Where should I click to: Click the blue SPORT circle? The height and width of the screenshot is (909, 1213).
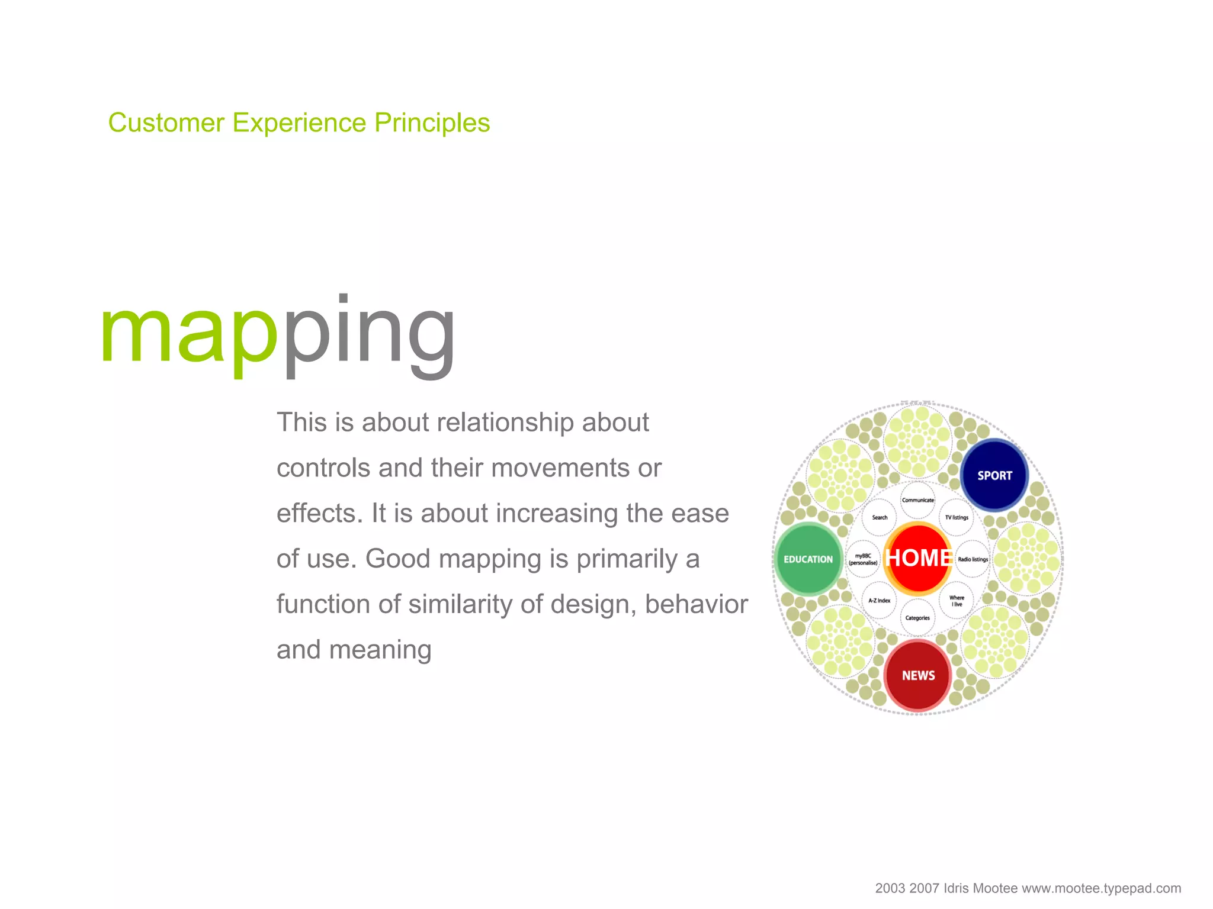point(994,475)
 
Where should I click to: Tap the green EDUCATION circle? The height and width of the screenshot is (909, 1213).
point(808,559)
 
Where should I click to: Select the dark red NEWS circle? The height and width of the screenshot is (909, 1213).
point(918,675)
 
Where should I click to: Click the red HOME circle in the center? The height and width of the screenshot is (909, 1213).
point(918,558)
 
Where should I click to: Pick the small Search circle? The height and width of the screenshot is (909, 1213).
point(880,517)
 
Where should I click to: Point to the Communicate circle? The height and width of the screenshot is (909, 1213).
point(918,500)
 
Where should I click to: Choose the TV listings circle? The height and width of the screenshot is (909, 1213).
point(957,517)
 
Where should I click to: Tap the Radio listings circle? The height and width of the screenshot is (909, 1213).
point(973,559)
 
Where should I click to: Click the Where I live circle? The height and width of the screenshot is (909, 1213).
point(957,601)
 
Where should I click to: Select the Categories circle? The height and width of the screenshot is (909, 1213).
point(917,618)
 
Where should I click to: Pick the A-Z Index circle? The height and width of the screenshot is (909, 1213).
point(880,601)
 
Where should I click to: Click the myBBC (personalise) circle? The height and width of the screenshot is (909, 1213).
point(863,559)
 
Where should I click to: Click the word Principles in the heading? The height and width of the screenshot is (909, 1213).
point(432,123)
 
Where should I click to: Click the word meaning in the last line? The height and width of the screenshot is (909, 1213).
point(380,650)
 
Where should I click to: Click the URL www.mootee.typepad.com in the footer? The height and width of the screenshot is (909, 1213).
point(1101,888)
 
